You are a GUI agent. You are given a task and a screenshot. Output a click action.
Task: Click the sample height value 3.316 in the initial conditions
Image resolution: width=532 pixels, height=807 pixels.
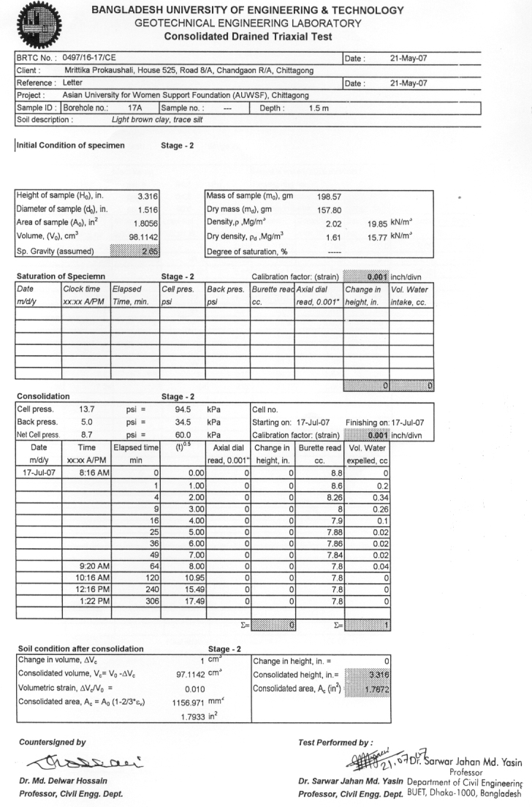point(149,196)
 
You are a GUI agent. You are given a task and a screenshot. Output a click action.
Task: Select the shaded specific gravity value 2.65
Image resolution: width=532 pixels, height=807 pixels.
point(149,251)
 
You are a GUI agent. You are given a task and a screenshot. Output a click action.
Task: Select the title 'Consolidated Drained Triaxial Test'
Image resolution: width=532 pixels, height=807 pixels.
point(248,36)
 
